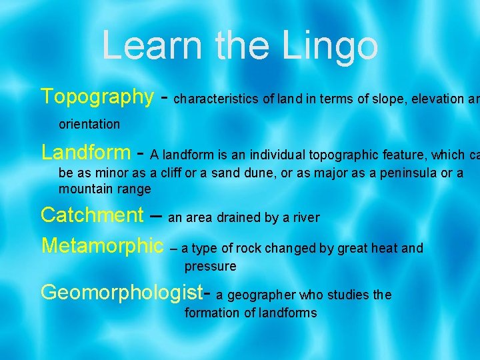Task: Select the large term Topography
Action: pyautogui.click(x=97, y=97)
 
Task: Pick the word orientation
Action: pyautogui.click(x=89, y=124)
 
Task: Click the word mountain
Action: pyautogui.click(x=86, y=189)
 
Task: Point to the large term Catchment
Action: pyautogui.click(x=92, y=215)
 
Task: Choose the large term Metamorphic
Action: pyautogui.click(x=102, y=245)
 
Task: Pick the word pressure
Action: pyautogui.click(x=211, y=267)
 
